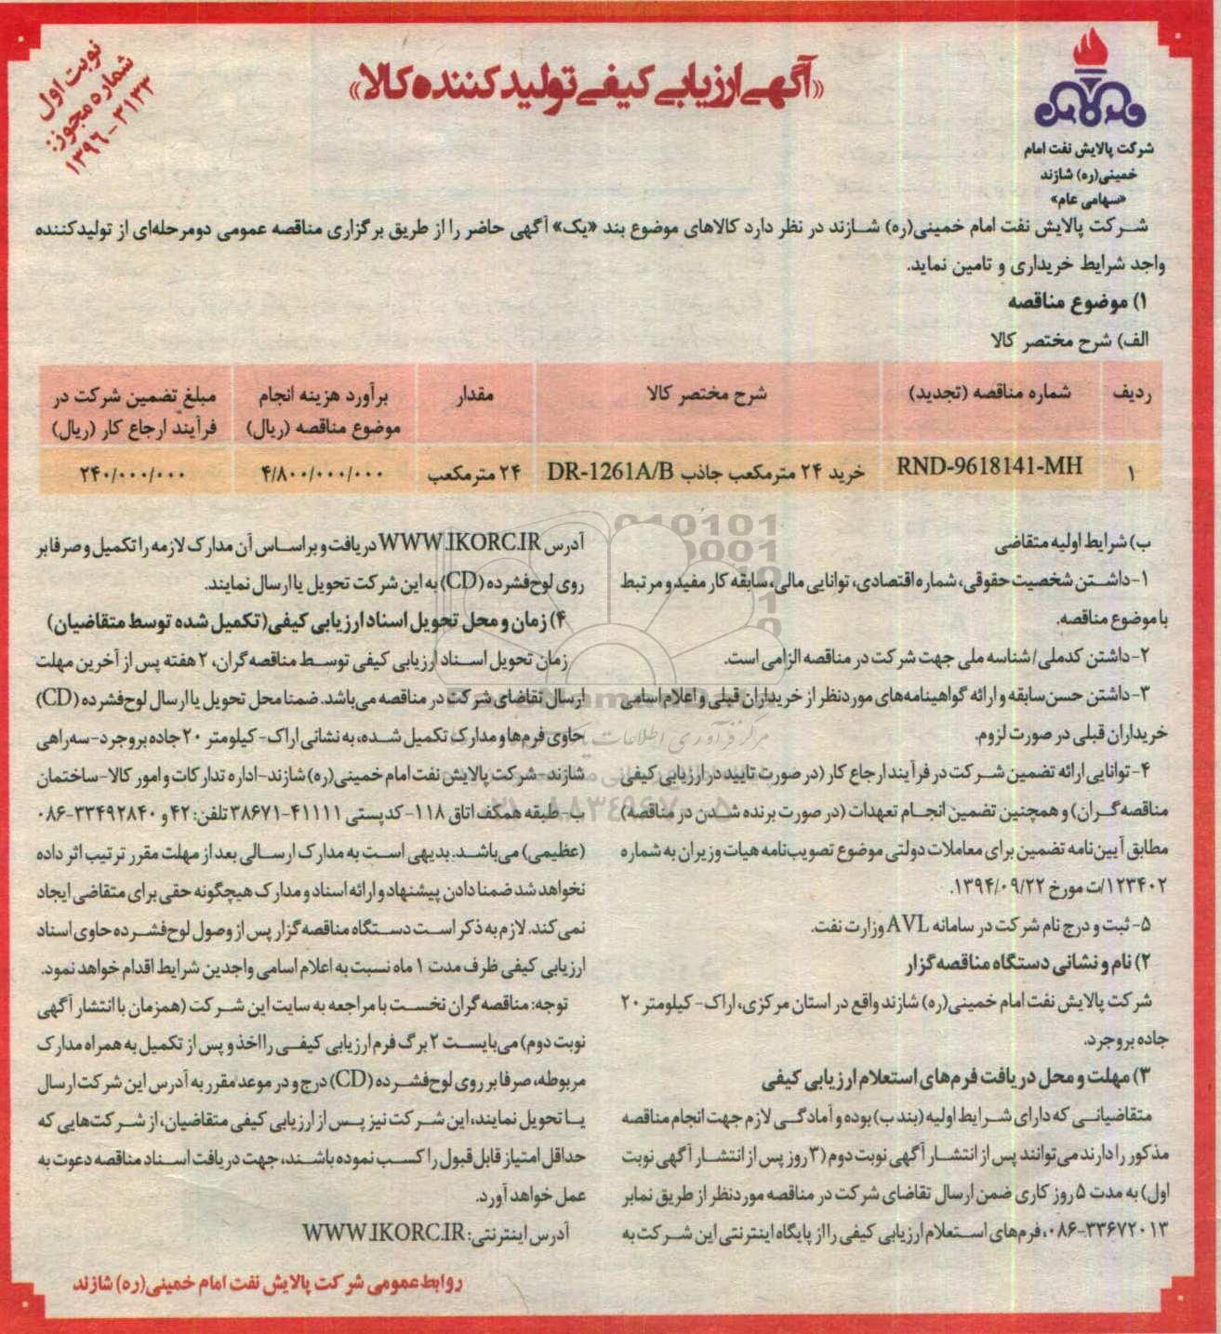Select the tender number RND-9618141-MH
(x=989, y=467)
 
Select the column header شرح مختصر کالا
(x=708, y=394)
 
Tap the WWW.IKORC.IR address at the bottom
(x=382, y=1232)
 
